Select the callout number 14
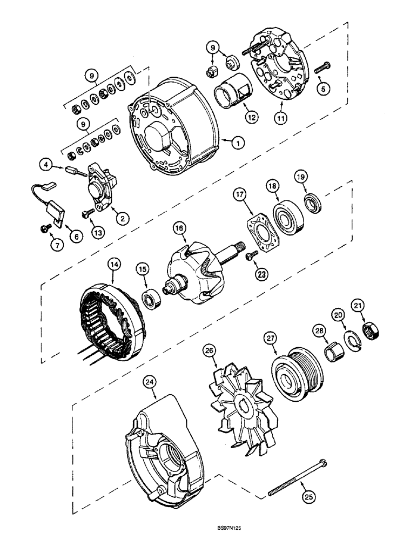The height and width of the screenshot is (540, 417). pyautogui.click(x=114, y=265)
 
